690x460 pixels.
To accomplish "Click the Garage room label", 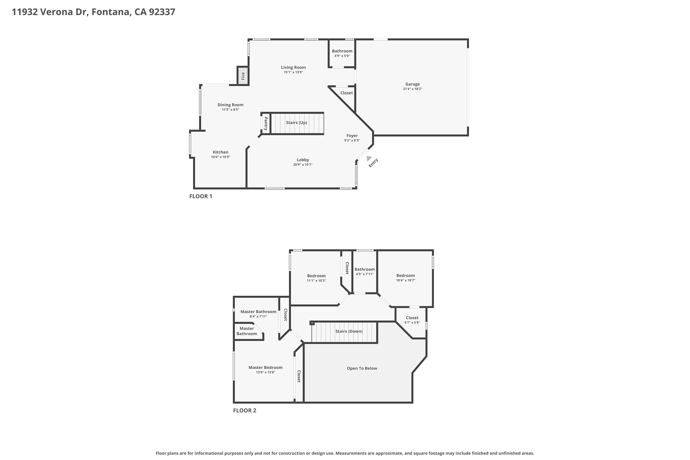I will [x=412, y=84].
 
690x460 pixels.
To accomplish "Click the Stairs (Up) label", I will [x=296, y=123].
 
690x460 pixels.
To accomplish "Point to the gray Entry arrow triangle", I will [x=368, y=158].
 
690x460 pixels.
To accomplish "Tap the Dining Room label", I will [x=230, y=105].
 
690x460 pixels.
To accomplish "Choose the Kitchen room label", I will [x=220, y=152].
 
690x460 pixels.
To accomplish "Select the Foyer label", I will [x=352, y=135].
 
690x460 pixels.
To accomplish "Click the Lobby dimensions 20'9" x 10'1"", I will [x=303, y=165].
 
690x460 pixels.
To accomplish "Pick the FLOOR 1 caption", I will [x=201, y=196].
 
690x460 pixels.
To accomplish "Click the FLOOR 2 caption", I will [x=244, y=410].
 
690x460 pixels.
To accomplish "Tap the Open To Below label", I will [x=362, y=368].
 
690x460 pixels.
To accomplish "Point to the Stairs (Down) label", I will [x=349, y=331].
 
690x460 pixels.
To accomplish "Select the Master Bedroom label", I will [x=265, y=367].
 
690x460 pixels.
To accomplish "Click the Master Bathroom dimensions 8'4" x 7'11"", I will [x=258, y=316].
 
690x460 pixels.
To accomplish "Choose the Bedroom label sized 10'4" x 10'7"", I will [x=405, y=276].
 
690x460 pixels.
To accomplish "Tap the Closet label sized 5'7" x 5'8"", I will [x=412, y=318].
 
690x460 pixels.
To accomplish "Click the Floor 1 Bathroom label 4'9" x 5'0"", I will [x=342, y=51].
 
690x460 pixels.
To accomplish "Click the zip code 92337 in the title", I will [x=162, y=12].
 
